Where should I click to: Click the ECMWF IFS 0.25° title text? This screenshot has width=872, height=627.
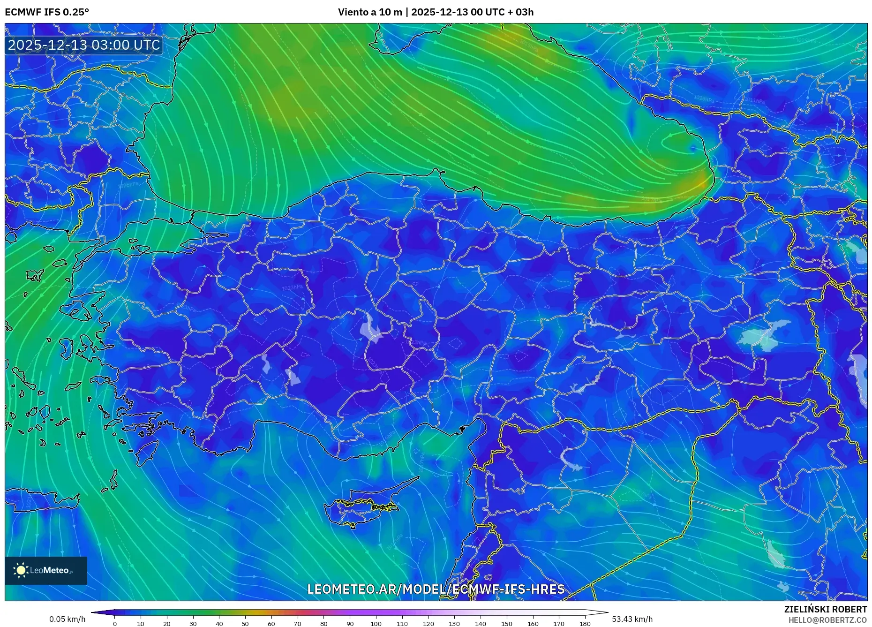pos(47,12)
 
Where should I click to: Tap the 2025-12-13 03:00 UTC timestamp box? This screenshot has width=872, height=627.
pos(84,45)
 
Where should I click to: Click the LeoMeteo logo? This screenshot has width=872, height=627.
pos(46,570)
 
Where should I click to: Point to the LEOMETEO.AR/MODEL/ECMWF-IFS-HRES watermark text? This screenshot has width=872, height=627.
pos(436,589)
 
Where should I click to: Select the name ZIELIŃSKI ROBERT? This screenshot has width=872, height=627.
pos(825,609)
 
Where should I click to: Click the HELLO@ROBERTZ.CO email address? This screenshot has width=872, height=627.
pos(827,620)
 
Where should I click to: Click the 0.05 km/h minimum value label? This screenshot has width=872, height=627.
pos(68,619)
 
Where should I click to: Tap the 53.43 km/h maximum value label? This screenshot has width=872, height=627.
pos(632,619)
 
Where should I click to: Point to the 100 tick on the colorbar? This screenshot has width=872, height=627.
pos(376,624)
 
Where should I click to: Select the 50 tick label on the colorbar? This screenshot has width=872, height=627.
pos(245,624)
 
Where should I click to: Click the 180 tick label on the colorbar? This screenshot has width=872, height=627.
pos(585,624)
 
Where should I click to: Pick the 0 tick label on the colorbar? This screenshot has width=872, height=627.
pos(115,624)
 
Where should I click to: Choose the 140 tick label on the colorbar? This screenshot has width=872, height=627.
pos(480,624)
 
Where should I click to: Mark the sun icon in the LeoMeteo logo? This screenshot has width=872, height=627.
pos(21,570)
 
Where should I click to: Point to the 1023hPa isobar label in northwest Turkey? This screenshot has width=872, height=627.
pos(292,287)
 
